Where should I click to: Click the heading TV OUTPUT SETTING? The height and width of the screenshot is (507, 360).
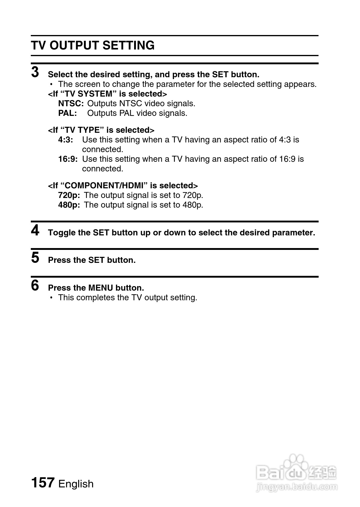[x=93, y=46]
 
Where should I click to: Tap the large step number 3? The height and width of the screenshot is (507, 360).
[x=35, y=72]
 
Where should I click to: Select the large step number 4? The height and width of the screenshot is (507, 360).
[x=35, y=231]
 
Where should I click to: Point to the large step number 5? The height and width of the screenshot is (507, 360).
[x=35, y=258]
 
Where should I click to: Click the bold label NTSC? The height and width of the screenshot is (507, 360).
[x=71, y=104]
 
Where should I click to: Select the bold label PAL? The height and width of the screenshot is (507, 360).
[x=67, y=113]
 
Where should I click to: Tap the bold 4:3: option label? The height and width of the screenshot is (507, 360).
[x=66, y=140]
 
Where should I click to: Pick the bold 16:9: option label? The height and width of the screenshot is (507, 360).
[x=68, y=159]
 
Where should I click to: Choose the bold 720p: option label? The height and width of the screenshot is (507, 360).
[x=69, y=195]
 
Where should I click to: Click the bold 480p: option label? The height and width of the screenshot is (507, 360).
[x=69, y=205]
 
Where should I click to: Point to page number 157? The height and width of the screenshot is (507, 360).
[x=43, y=483]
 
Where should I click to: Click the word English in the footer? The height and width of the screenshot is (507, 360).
[x=76, y=484]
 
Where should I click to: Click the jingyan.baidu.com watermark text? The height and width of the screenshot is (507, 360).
[x=296, y=486]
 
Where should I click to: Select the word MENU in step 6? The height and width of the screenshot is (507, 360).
[x=100, y=288]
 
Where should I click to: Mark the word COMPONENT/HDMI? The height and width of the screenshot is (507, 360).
[x=104, y=186]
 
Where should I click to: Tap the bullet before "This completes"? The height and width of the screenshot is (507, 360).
[x=52, y=298]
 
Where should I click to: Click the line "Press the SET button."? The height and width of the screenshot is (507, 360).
[x=92, y=260]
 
